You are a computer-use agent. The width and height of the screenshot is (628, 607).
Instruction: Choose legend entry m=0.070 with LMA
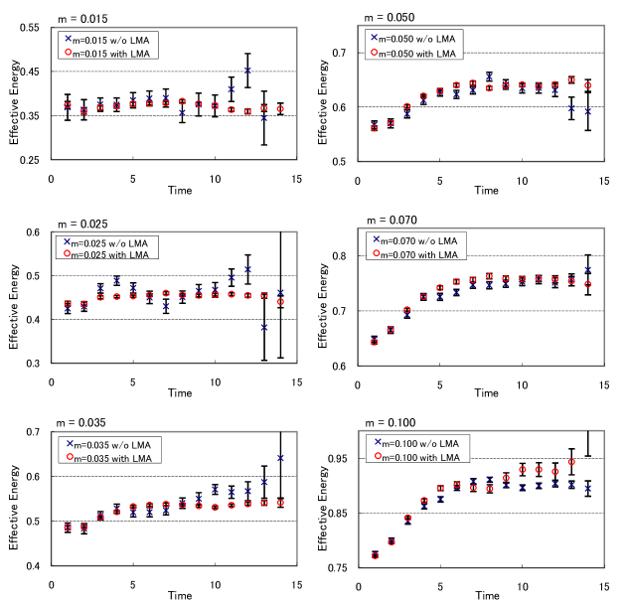(417, 253)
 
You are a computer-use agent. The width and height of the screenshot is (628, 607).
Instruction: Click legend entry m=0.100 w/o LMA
(417, 442)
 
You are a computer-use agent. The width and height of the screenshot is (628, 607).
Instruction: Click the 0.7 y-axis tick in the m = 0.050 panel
(339, 53)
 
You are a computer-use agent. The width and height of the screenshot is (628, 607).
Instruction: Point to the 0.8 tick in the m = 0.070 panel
(339, 256)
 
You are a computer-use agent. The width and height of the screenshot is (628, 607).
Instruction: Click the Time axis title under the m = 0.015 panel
(179, 189)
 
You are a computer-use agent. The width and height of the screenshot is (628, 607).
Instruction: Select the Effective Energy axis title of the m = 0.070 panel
(321, 311)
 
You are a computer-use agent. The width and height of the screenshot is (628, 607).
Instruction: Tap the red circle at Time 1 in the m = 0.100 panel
(375, 555)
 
